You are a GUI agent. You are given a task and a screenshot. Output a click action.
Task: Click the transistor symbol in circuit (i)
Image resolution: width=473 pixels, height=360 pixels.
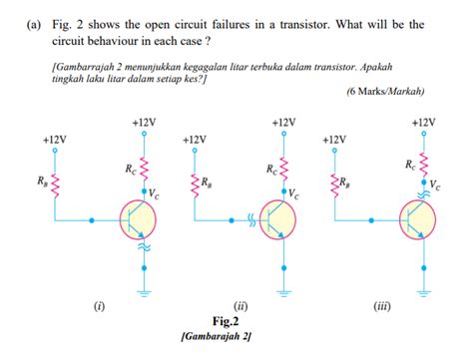tap(136, 219)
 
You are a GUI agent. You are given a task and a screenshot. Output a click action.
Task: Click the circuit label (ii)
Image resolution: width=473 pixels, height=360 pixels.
tap(239, 306)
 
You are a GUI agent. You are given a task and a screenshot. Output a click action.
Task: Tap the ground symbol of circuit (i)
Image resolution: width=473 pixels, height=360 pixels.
tap(144, 293)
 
